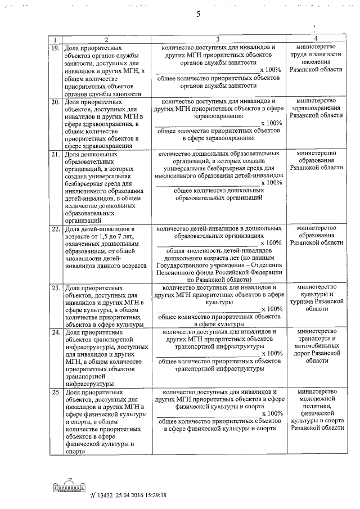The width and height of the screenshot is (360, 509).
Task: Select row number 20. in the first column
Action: [55, 103]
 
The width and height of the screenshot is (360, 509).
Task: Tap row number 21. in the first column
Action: [55, 154]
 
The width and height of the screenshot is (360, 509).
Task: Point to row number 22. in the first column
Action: [55, 229]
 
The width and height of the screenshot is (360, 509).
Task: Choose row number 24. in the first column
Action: [55, 333]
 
